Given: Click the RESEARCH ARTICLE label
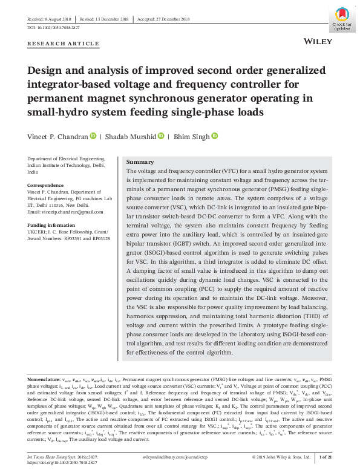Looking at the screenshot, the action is (x=64, y=44).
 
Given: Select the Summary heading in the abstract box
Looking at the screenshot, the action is (x=140, y=162).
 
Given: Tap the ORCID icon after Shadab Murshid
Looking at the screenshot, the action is (x=161, y=137).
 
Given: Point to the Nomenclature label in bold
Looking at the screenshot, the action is (x=44, y=378).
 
